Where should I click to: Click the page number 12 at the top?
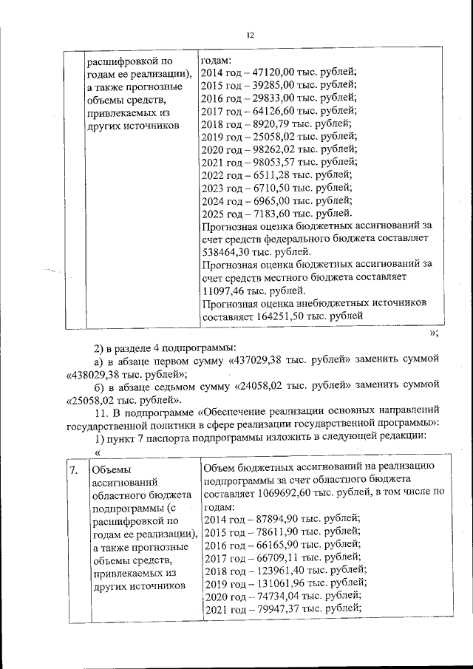(250, 35)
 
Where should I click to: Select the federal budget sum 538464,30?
(227, 251)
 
